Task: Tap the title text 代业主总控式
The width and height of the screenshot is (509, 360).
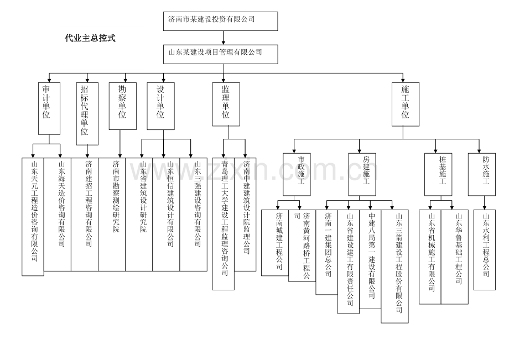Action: pyautogui.click(x=90, y=39)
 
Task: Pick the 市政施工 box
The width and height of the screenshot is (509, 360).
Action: pyautogui.click(x=297, y=174)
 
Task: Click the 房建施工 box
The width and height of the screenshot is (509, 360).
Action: pyautogui.click(x=362, y=174)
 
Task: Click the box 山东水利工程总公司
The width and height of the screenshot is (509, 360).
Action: pyautogui.click(x=484, y=249)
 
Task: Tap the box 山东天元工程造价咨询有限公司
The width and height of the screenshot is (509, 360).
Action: pyautogui.click(x=33, y=216)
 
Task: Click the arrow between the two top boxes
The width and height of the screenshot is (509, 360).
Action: pyautogui.click(x=224, y=37)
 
